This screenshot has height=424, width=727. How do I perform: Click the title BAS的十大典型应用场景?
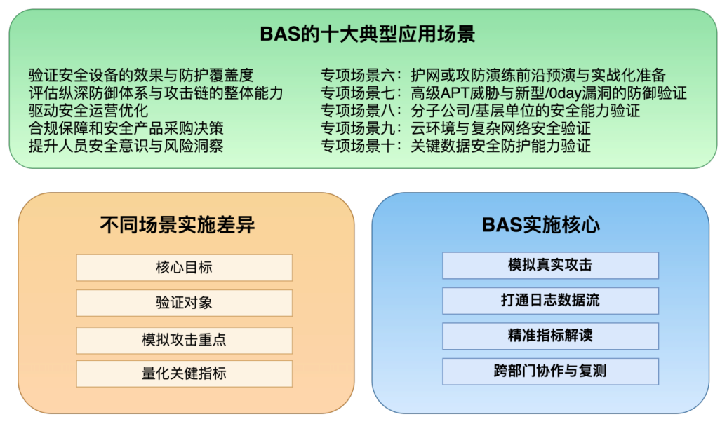[x=363, y=33]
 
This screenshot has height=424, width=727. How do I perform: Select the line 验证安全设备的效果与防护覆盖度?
[x=141, y=75]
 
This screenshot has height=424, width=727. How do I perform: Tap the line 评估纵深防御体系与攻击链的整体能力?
[x=156, y=93]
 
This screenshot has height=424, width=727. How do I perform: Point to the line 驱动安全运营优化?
[x=88, y=111]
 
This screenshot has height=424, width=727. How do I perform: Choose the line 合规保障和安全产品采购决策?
[x=126, y=128]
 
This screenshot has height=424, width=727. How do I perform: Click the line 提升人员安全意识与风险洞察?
[x=126, y=146]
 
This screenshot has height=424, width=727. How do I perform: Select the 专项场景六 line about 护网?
[x=493, y=75]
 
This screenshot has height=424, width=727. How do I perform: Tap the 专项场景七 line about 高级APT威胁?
[x=503, y=93]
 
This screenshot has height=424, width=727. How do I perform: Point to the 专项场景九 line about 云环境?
[x=455, y=128]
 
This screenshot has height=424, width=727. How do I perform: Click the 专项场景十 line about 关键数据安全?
[x=455, y=146]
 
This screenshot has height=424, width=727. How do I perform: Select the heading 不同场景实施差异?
[x=178, y=225]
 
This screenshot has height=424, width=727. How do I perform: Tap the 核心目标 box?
[x=184, y=267]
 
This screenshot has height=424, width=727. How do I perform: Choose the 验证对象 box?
[x=184, y=303]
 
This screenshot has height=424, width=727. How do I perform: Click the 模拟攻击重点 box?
[x=184, y=340]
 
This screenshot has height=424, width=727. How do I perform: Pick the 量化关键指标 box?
[x=184, y=374]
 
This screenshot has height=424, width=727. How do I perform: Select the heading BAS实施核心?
[x=540, y=225]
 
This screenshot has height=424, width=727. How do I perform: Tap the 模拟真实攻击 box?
[x=550, y=266]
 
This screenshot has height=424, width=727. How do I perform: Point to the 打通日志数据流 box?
[x=550, y=301]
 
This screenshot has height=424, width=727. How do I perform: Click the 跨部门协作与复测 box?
[x=550, y=371]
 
